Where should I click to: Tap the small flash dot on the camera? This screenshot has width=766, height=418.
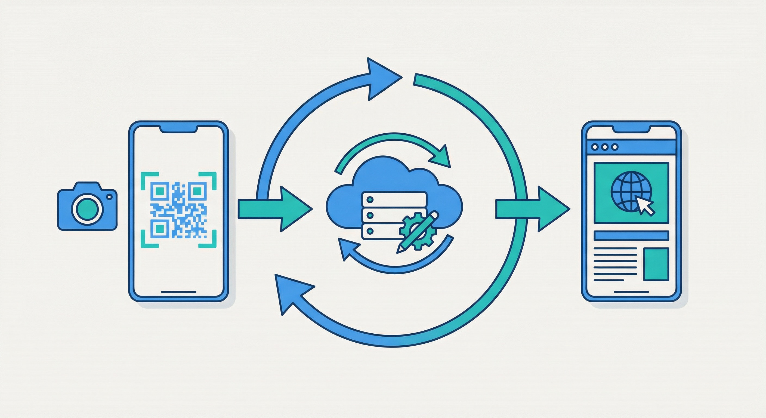pyautogui.click(x=109, y=197)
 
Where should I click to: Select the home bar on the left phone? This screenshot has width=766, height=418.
pyautogui.click(x=178, y=292)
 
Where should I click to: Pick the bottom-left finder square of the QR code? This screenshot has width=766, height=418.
pyautogui.click(x=160, y=229)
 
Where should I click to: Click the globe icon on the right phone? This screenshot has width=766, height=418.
pyautogui.click(x=631, y=192)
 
